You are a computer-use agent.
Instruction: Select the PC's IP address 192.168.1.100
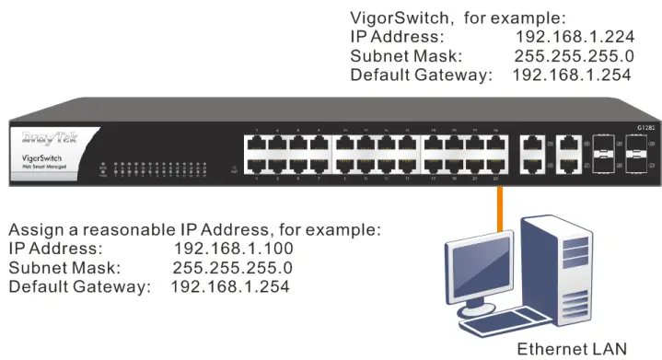point(233,249)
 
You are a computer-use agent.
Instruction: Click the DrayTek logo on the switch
point(53,140)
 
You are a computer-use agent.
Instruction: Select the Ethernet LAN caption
point(571,349)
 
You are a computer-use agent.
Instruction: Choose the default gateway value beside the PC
point(230,287)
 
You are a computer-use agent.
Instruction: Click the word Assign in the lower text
point(35,229)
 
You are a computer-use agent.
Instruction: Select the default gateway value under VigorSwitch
point(571,75)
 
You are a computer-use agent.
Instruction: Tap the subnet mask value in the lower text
point(232,268)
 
